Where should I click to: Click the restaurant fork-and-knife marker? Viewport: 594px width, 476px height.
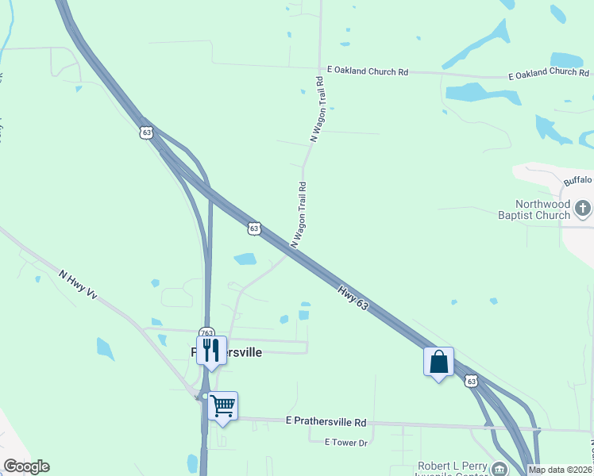(211, 349)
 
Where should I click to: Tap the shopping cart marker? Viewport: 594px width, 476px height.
(223, 405)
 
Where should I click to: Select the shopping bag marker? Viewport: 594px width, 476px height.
(438, 362)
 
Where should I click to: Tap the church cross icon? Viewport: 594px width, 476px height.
(584, 209)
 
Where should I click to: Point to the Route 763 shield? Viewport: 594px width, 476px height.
(206, 333)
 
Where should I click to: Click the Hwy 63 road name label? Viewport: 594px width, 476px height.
(353, 299)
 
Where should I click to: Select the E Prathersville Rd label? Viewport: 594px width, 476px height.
(326, 422)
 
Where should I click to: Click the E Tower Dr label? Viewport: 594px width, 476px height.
(346, 441)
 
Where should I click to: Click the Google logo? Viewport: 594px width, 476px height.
(26, 466)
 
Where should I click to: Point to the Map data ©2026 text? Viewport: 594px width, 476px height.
(561, 470)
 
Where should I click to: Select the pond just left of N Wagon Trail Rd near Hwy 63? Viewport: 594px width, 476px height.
(245, 259)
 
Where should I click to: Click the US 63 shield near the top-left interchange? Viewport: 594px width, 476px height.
(145, 132)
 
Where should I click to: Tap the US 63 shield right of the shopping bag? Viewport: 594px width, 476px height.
(472, 382)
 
